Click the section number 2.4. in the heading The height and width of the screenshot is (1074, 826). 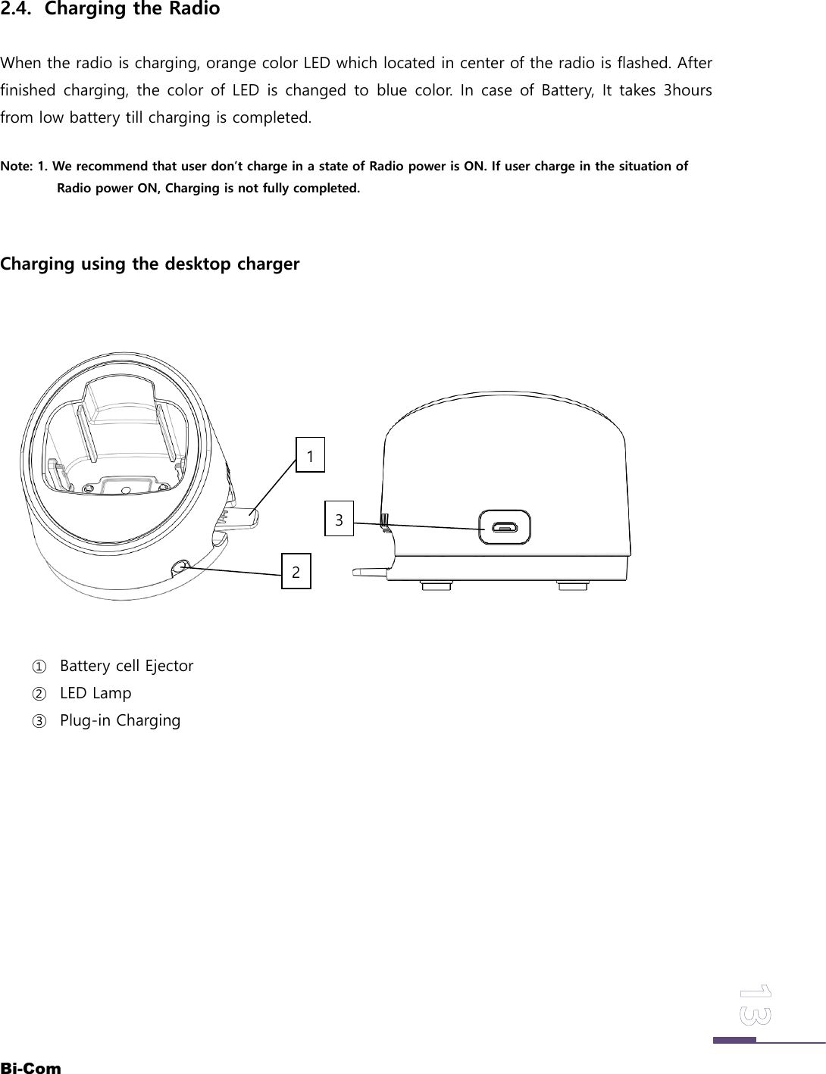click(x=19, y=10)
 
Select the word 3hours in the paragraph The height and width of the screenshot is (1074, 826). click(x=687, y=91)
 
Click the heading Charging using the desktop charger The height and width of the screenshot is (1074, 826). click(x=150, y=264)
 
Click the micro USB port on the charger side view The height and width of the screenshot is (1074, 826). click(x=504, y=527)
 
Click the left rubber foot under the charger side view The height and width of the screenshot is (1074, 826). click(x=437, y=585)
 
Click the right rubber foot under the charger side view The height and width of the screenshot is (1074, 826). click(x=572, y=585)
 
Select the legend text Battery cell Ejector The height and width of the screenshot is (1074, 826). click(x=127, y=666)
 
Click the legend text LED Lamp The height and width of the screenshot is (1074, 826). click(x=95, y=693)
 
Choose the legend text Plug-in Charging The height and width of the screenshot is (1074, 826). click(x=120, y=720)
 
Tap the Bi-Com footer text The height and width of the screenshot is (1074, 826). click(x=31, y=1068)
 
